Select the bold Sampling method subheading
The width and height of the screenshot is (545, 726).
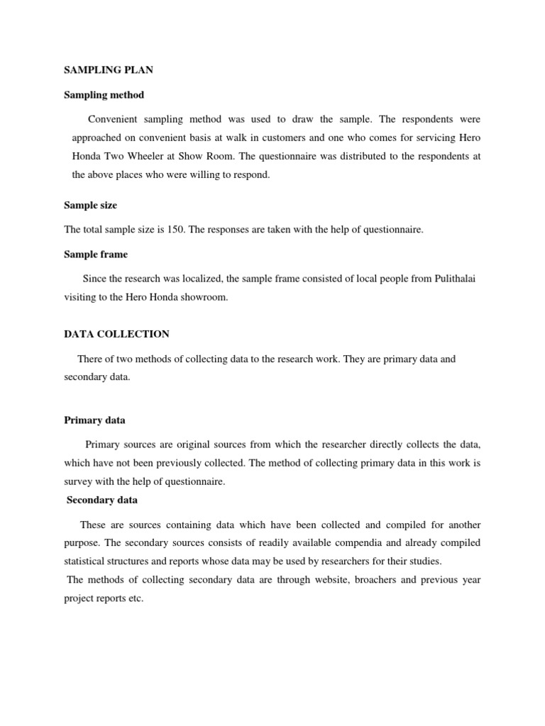point(104,94)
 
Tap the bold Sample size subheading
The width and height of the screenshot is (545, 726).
point(91,205)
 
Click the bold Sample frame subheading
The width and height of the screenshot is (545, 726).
point(96,253)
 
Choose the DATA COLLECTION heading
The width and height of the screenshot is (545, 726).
point(116,334)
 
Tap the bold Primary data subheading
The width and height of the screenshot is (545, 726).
point(94,420)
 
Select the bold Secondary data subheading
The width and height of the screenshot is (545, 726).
point(102,500)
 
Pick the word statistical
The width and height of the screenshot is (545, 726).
point(84,562)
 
